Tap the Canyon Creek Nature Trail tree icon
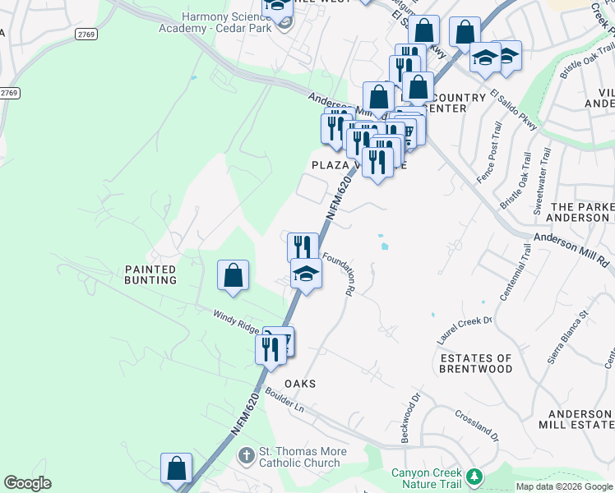click(x=474, y=477)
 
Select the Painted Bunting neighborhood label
click(x=150, y=274)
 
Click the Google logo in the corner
click(x=28, y=483)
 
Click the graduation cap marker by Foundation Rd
click(x=306, y=274)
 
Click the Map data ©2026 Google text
click(x=563, y=486)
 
